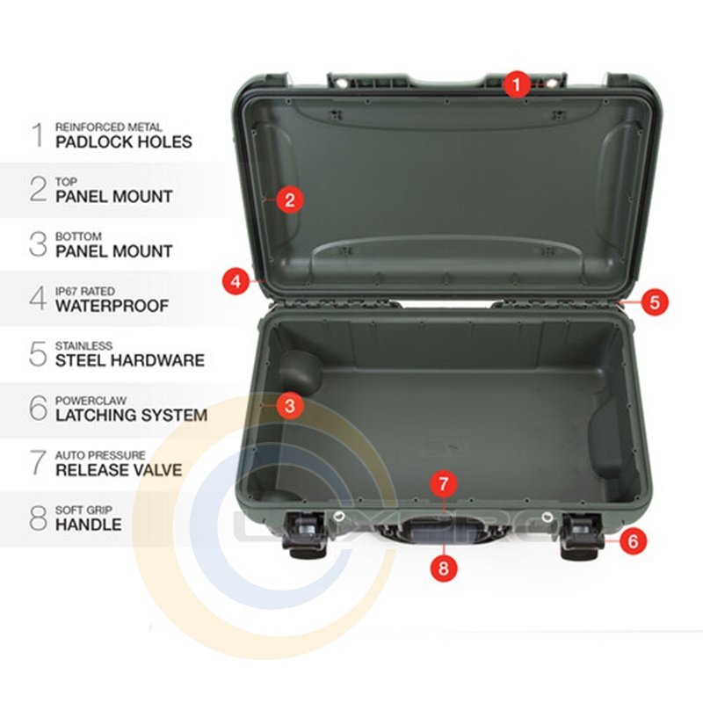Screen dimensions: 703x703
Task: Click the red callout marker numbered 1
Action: (517, 83)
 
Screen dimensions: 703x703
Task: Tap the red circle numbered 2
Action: (290, 199)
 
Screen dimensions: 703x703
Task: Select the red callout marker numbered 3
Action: (290, 406)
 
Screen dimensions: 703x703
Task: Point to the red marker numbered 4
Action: (236, 281)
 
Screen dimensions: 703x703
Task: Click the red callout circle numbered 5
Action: (655, 301)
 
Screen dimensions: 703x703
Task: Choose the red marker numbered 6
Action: (633, 540)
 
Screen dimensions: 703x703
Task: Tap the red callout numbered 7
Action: (444, 484)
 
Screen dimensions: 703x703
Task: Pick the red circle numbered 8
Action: (444, 568)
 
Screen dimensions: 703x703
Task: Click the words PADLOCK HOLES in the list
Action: (124, 141)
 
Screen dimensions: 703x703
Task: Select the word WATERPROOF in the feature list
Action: (112, 306)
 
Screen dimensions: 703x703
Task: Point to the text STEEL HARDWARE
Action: (130, 360)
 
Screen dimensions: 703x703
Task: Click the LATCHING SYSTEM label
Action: (131, 415)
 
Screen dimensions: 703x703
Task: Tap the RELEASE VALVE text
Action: (119, 470)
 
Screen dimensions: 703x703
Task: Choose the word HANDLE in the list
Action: (89, 525)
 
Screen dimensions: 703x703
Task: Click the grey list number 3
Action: (38, 244)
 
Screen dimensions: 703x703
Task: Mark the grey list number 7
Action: (38, 463)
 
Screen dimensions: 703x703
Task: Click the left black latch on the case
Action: (303, 536)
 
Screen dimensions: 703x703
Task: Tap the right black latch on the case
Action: (582, 536)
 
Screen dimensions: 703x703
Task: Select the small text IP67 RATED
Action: (85, 291)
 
